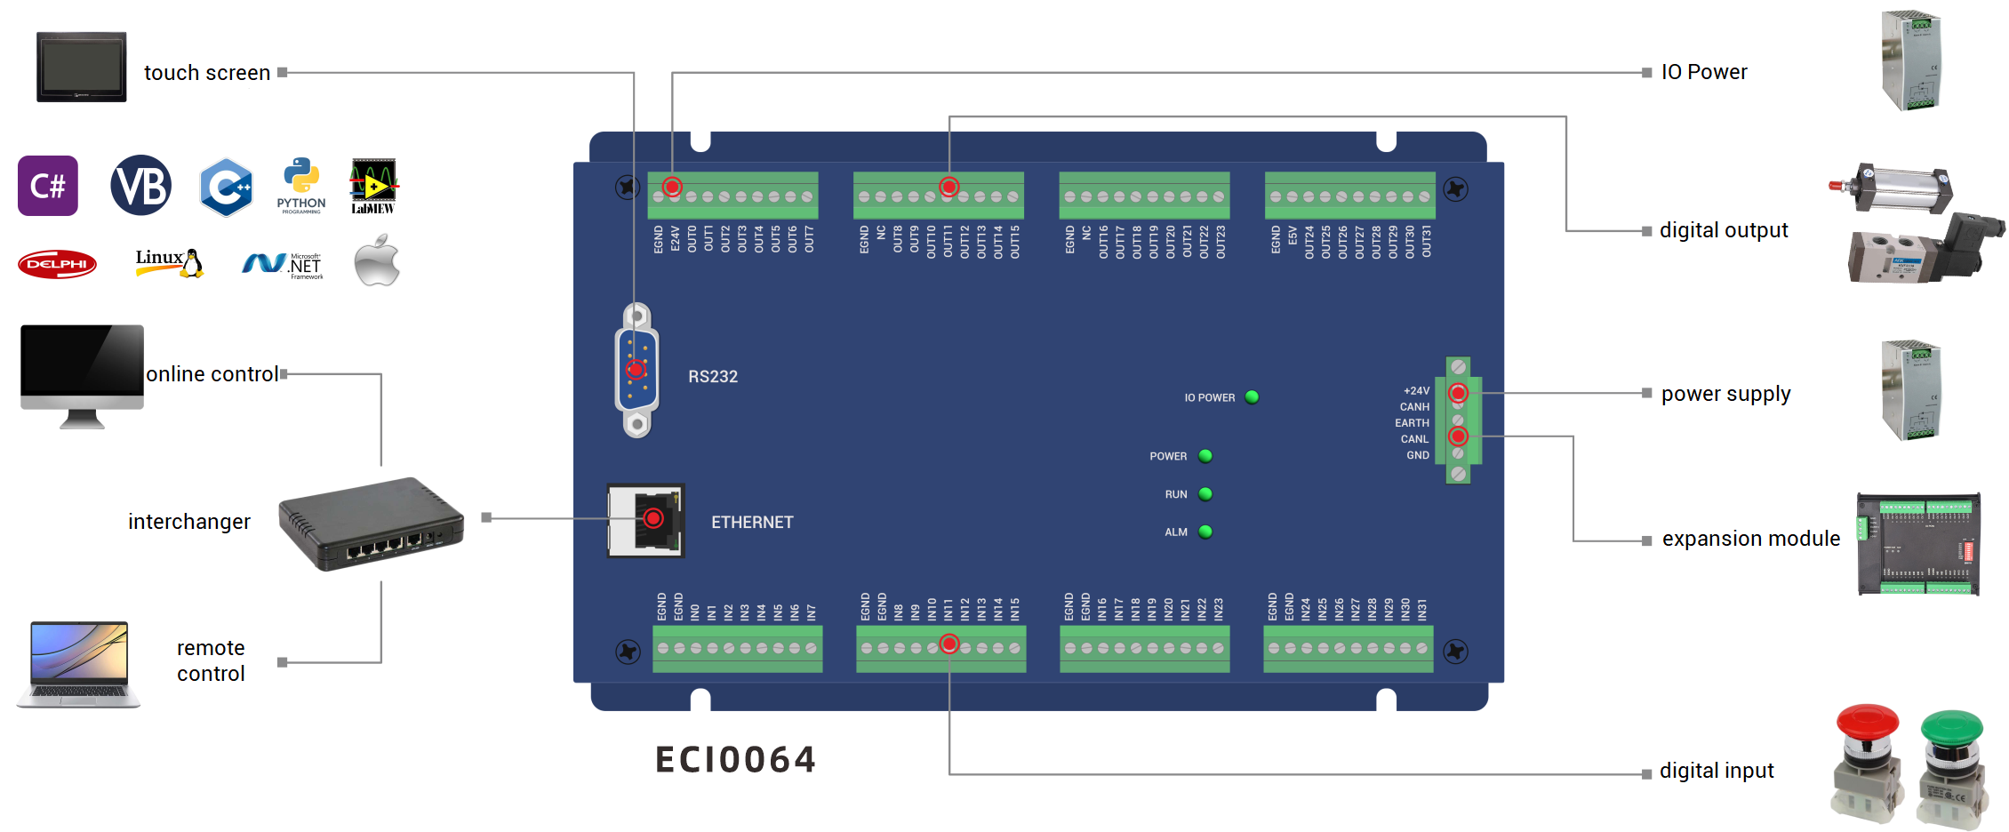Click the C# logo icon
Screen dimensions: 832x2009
click(48, 186)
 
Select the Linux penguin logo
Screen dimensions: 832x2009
click(171, 262)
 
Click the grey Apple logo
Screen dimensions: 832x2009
click(377, 260)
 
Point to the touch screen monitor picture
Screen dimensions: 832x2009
click(81, 68)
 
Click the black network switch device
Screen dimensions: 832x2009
click(371, 524)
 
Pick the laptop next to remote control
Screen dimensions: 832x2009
click(79, 664)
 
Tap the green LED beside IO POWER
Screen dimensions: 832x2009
click(1252, 397)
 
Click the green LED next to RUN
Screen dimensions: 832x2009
click(1205, 494)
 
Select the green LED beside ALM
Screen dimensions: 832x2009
click(1205, 532)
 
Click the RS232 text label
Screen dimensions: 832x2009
click(713, 377)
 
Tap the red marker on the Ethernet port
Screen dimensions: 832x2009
click(653, 518)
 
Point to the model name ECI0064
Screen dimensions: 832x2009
click(735, 760)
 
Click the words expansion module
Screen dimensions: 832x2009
click(1750, 539)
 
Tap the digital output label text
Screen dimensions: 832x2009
click(1723, 230)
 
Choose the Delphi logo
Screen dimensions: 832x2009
click(57, 264)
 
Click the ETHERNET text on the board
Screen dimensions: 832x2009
click(752, 523)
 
